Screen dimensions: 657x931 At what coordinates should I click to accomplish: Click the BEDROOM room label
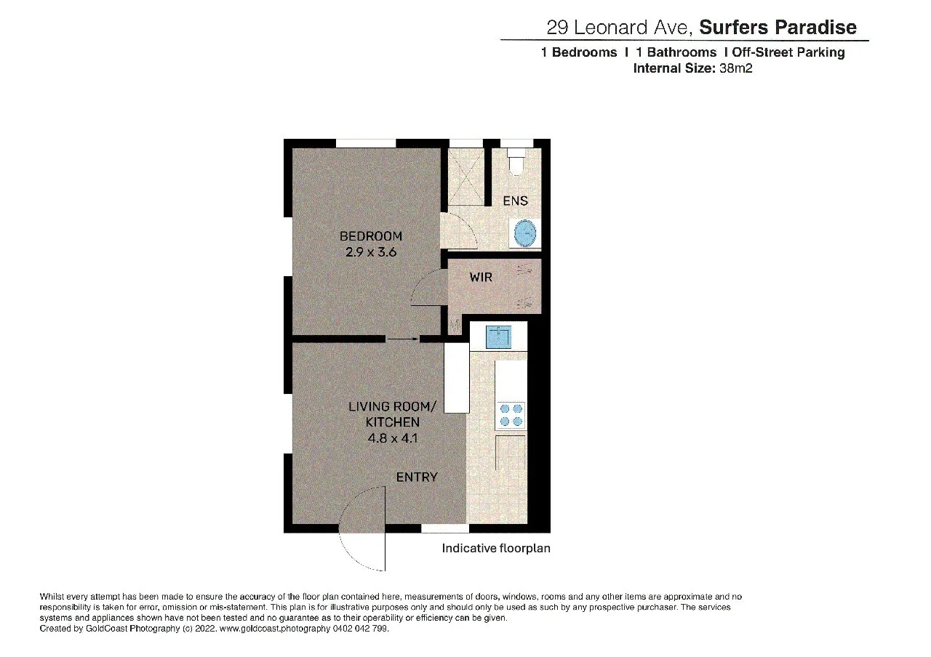[371, 236]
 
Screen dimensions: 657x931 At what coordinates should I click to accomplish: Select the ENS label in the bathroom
[515, 201]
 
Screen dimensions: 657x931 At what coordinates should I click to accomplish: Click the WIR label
[481, 277]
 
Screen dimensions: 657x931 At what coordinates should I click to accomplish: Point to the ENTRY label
[417, 477]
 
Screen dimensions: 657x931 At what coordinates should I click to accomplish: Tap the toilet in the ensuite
[516, 161]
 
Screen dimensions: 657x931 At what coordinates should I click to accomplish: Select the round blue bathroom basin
[525, 234]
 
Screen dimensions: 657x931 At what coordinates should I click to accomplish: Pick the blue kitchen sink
[499, 337]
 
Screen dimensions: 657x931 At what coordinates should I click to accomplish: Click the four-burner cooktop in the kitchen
[510, 414]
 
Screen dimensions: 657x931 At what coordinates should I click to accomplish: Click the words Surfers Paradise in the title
[778, 28]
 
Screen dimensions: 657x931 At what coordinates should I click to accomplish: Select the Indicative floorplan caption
[496, 548]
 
